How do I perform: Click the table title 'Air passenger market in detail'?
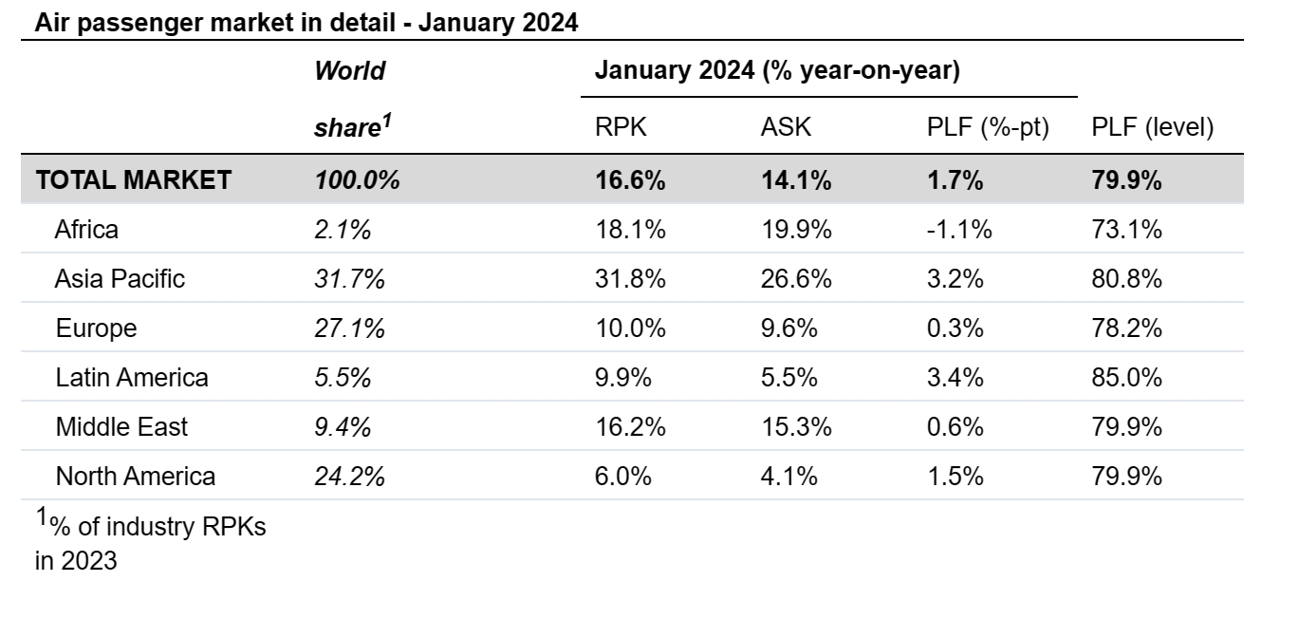(215, 23)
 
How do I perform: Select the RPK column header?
(621, 127)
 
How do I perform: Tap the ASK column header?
(786, 127)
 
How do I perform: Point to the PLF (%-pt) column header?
(988, 127)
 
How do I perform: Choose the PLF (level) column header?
(1153, 127)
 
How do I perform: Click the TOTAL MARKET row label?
(134, 179)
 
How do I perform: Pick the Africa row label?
(86, 230)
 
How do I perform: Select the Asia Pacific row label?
(120, 279)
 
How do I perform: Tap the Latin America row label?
(132, 377)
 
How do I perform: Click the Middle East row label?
(121, 427)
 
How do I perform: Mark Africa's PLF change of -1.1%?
(959, 230)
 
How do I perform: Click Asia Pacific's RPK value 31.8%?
(630, 279)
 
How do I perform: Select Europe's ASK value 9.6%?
(789, 328)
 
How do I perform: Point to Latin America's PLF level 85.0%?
(1127, 377)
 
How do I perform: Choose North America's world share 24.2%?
(349, 477)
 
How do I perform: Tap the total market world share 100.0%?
(357, 179)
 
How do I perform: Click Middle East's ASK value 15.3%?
(796, 427)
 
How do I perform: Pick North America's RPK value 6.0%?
(623, 477)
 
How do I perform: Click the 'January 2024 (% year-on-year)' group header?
(777, 70)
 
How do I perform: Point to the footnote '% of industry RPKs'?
(158, 527)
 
